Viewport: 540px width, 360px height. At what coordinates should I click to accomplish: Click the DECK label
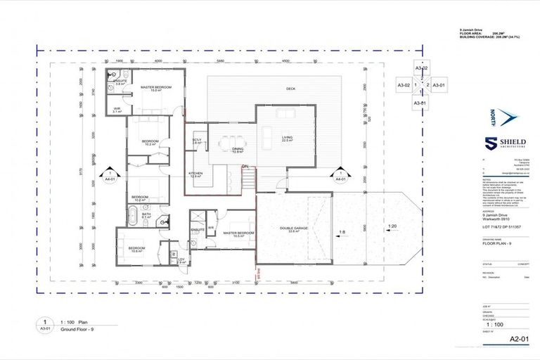(x=290, y=89)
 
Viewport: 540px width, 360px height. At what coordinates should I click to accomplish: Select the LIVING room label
(x=287, y=139)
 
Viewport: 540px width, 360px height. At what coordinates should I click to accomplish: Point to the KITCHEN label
(x=195, y=174)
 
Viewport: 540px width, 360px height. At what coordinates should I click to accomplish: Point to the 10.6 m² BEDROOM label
(x=136, y=249)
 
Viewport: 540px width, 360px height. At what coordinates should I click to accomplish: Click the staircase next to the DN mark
(x=246, y=180)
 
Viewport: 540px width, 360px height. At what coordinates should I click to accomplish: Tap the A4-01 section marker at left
(x=110, y=176)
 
